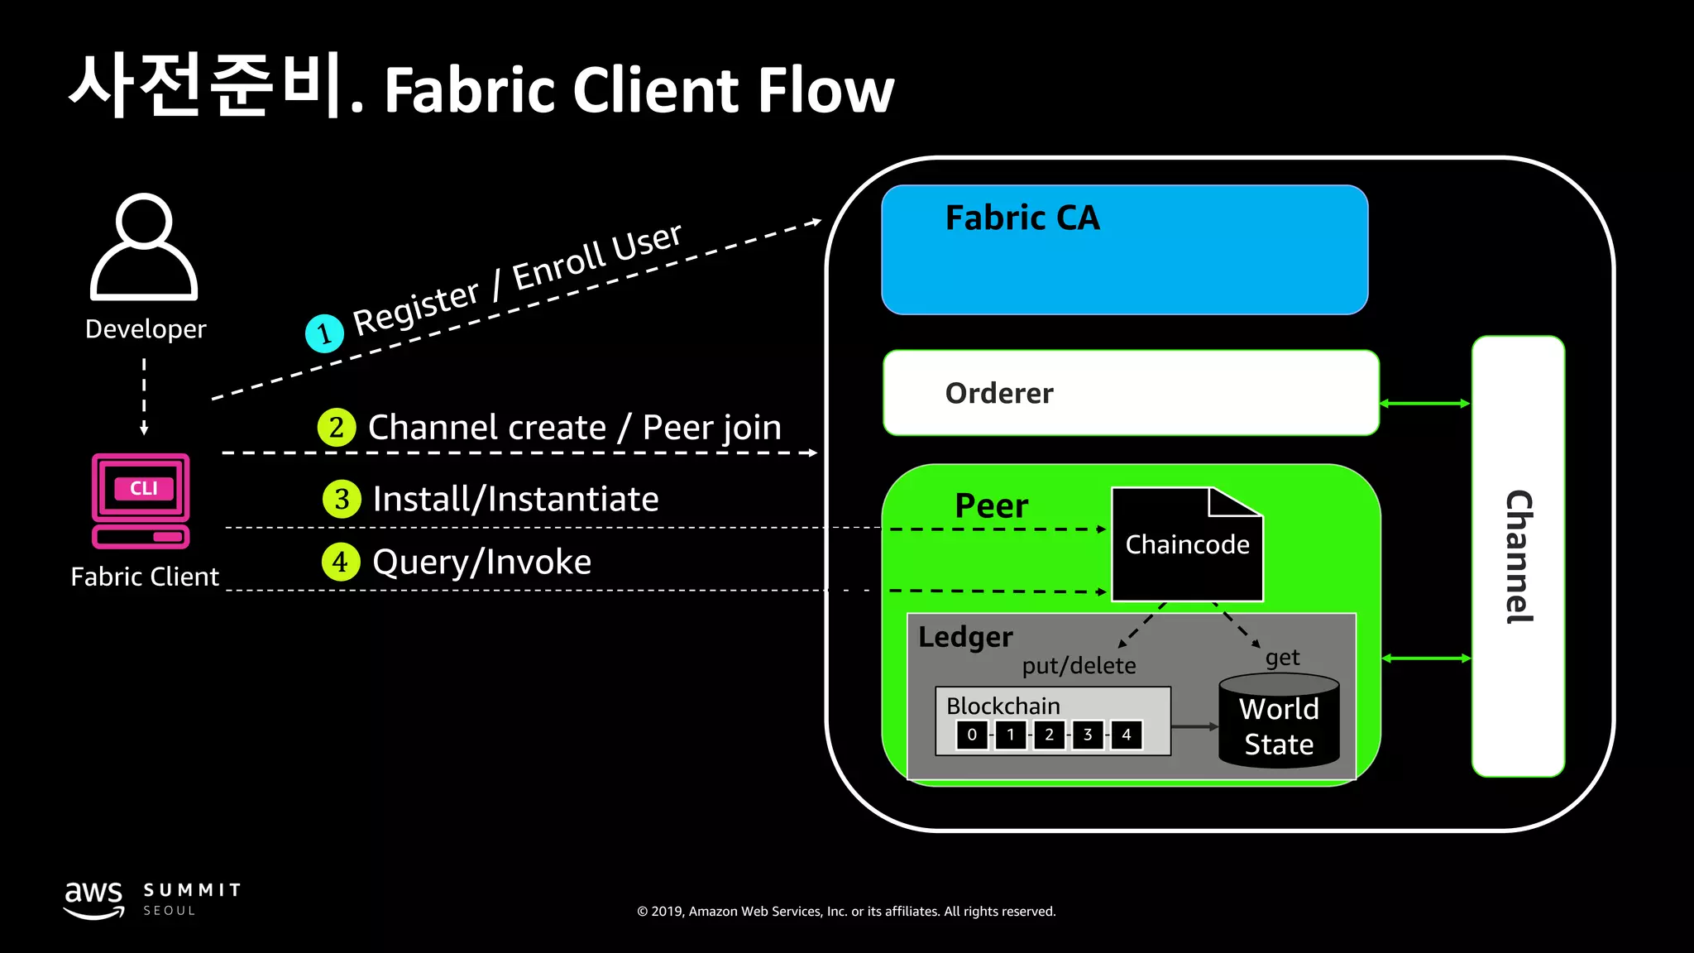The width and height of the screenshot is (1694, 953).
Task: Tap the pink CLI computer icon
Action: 141,500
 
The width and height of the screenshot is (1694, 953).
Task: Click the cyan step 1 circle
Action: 324,333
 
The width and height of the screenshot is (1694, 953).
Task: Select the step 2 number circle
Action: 337,428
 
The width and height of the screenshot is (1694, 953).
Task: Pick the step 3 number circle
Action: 342,500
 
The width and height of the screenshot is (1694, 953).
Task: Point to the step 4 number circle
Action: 341,563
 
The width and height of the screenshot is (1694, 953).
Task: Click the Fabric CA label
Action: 1022,218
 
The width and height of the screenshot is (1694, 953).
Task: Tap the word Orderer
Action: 999,393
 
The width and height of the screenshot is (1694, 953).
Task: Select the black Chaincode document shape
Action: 1187,545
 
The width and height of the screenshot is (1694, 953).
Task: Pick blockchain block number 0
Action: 972,735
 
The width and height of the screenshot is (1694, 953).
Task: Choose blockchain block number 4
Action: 1126,735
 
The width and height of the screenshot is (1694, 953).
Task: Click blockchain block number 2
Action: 1049,735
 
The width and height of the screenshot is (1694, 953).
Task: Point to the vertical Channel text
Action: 1519,557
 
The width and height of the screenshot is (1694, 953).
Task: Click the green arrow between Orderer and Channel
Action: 1425,404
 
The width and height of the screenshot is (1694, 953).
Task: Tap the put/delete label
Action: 1079,666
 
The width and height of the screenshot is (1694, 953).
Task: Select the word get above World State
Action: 1282,658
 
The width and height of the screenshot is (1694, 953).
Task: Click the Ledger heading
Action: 965,637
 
